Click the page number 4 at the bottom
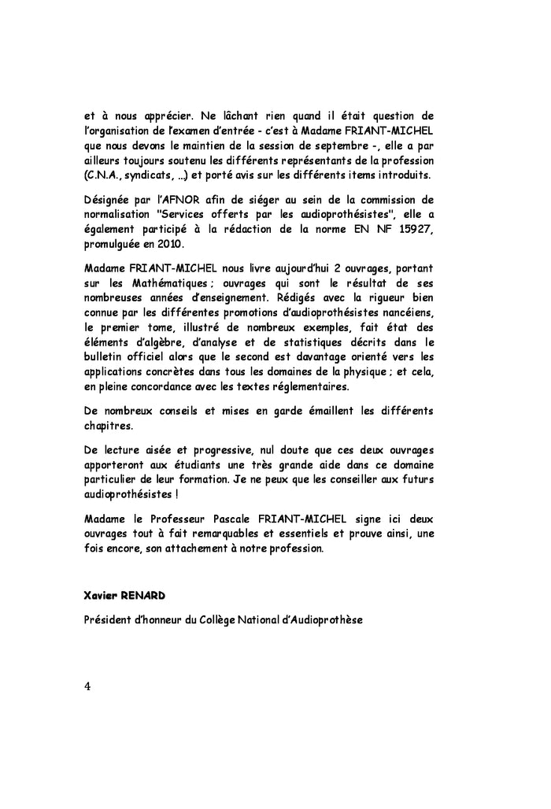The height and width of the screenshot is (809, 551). (87, 685)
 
